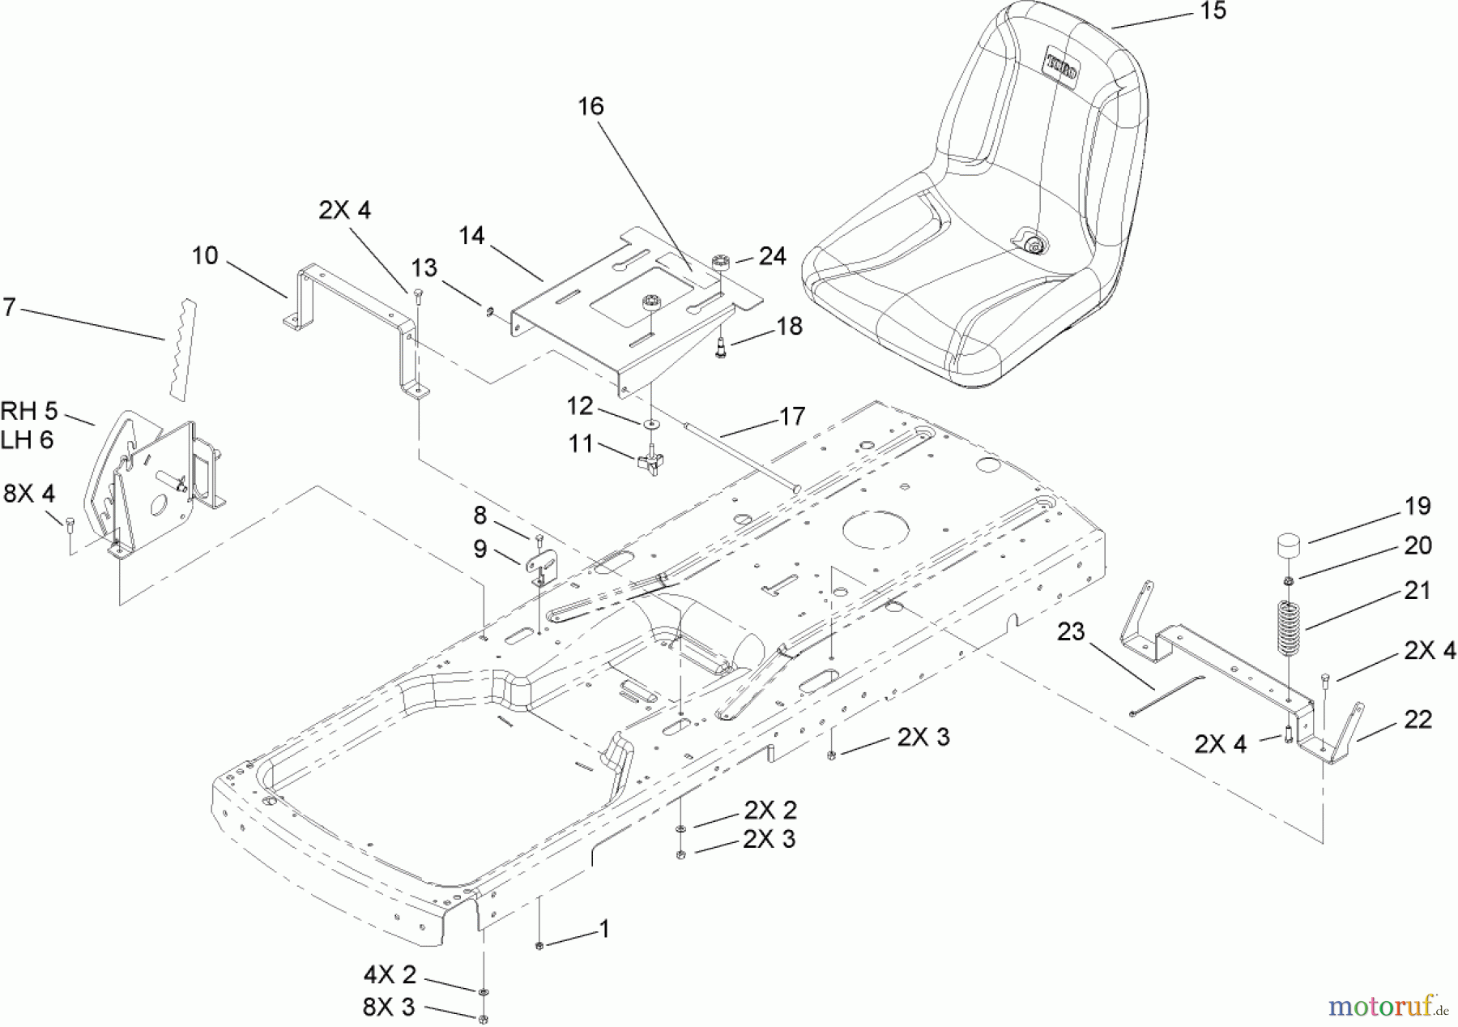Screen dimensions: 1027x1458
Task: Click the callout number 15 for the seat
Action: coord(1213,12)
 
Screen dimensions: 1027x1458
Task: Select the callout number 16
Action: coord(591,106)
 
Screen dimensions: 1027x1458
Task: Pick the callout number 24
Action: coord(772,256)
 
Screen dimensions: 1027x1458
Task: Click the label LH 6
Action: coord(28,439)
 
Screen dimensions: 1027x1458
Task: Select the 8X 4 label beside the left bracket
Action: coord(29,493)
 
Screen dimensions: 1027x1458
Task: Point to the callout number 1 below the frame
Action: coord(604,929)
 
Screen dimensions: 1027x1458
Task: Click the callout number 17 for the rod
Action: coord(793,416)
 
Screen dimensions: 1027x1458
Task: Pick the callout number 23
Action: coord(1071,631)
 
